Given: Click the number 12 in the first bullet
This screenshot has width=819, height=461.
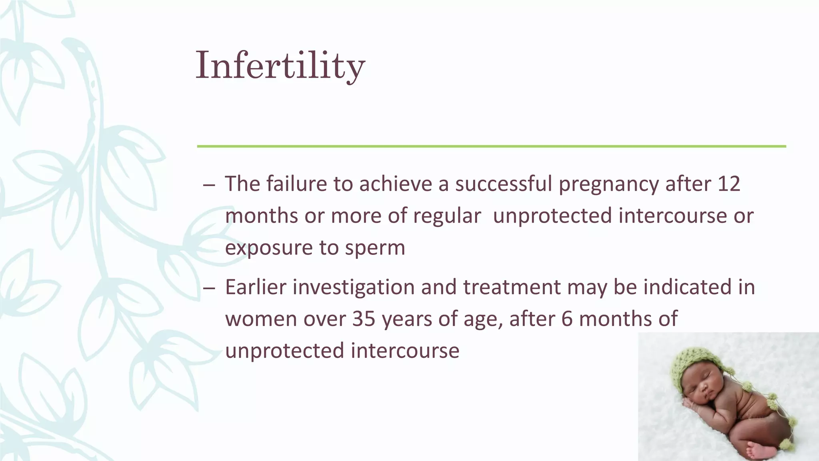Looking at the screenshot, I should click(729, 184).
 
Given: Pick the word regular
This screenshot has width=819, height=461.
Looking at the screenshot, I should click(447, 216).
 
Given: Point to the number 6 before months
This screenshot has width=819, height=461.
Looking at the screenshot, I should click(567, 319).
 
